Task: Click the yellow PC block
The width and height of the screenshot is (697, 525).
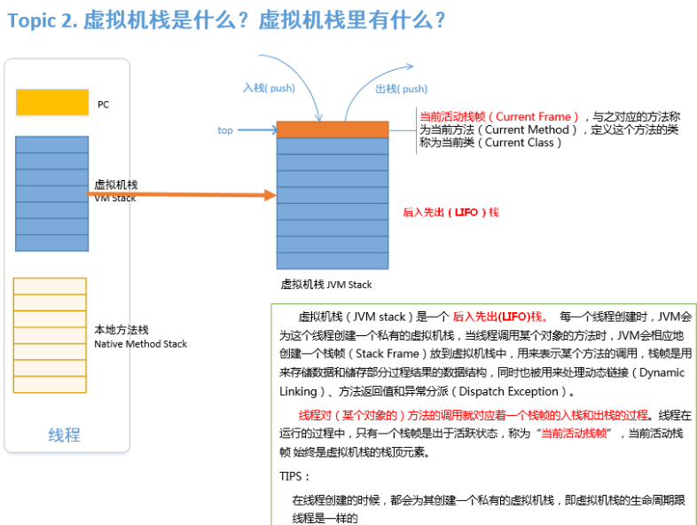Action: (52, 102)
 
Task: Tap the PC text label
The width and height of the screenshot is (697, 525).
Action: (104, 105)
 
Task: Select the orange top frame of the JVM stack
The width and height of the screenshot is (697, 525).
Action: (332, 129)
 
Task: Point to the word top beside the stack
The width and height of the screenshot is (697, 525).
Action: (225, 130)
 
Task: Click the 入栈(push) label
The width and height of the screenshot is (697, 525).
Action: (269, 89)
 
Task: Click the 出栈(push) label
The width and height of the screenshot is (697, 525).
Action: (401, 89)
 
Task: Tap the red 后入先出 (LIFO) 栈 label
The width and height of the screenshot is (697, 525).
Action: (450, 212)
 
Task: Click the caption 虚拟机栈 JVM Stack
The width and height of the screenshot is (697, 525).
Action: (326, 285)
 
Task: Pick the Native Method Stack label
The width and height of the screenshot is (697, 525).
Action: (140, 343)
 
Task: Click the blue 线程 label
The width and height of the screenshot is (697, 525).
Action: (64, 435)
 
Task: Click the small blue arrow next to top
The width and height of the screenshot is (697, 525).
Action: (258, 130)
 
